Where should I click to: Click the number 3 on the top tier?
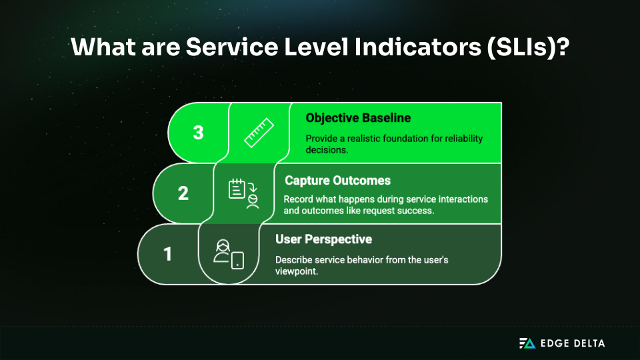click(198, 132)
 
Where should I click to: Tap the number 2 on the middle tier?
click(183, 193)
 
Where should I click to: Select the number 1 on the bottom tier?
click(168, 254)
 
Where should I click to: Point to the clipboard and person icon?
click(243, 193)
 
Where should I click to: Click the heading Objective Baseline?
click(358, 118)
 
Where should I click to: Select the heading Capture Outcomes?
click(337, 180)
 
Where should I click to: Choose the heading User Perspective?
click(323, 239)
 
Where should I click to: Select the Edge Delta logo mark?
click(527, 343)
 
